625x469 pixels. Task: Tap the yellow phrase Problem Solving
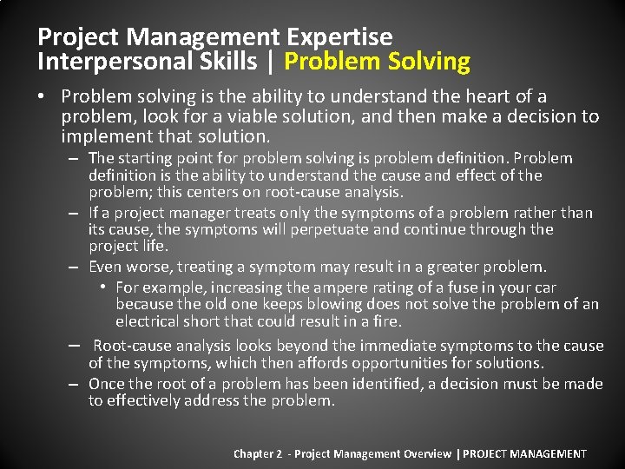pos(377,62)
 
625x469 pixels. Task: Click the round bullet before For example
pos(102,287)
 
